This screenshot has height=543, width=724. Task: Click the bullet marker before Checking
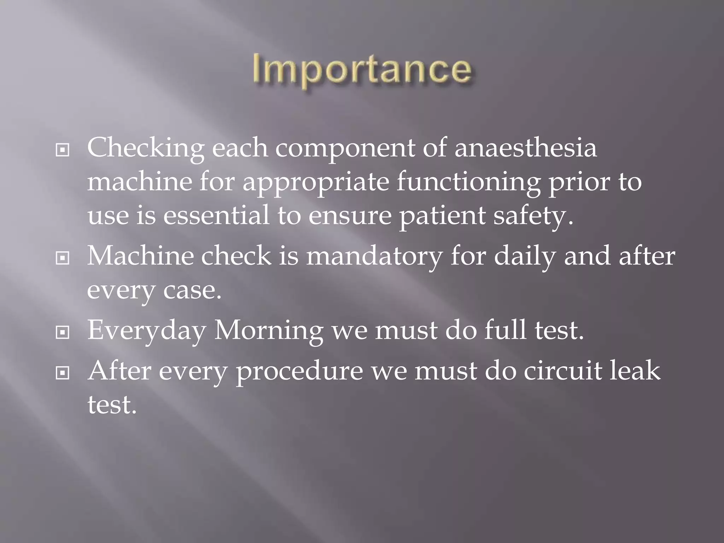pyautogui.click(x=63, y=151)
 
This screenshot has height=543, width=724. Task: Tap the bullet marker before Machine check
pyautogui.click(x=63, y=258)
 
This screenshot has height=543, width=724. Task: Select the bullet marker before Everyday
pyautogui.click(x=63, y=332)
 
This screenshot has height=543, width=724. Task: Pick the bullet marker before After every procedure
pyautogui.click(x=63, y=373)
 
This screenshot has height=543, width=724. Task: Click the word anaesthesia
pyautogui.click(x=526, y=148)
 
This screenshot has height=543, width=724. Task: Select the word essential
pyautogui.click(x=216, y=216)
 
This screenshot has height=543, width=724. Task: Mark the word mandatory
pyautogui.click(x=374, y=257)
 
